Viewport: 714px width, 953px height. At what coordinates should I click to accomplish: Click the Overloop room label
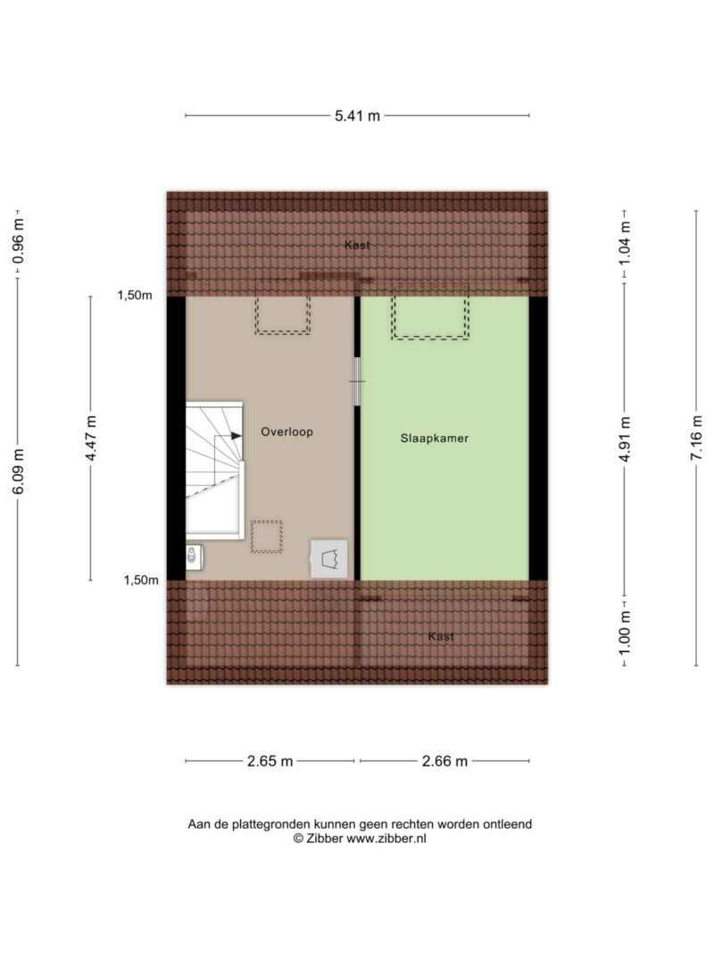(x=286, y=432)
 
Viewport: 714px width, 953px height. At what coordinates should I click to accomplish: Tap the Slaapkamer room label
(x=434, y=439)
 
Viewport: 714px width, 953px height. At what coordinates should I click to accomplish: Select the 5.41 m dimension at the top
(x=357, y=115)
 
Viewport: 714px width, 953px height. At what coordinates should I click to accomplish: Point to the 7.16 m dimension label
(x=696, y=438)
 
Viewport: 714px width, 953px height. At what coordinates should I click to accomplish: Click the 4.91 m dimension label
(x=625, y=439)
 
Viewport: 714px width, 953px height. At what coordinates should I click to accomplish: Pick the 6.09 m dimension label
(x=18, y=471)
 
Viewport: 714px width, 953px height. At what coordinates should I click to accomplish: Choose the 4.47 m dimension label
(x=91, y=439)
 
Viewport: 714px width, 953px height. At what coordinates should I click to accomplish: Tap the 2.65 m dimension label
(x=270, y=761)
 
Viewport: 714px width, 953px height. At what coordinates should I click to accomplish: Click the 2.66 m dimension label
(x=445, y=761)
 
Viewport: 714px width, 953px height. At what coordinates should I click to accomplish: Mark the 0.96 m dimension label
(x=18, y=241)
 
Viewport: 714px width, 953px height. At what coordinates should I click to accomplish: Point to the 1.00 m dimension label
(x=625, y=632)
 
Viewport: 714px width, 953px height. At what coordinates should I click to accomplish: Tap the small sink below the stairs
(x=194, y=556)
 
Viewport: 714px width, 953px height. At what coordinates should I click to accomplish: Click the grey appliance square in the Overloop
(x=329, y=558)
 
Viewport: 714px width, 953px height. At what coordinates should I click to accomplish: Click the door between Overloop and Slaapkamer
(x=357, y=381)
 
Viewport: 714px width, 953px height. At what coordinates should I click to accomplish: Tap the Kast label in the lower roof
(x=441, y=636)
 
